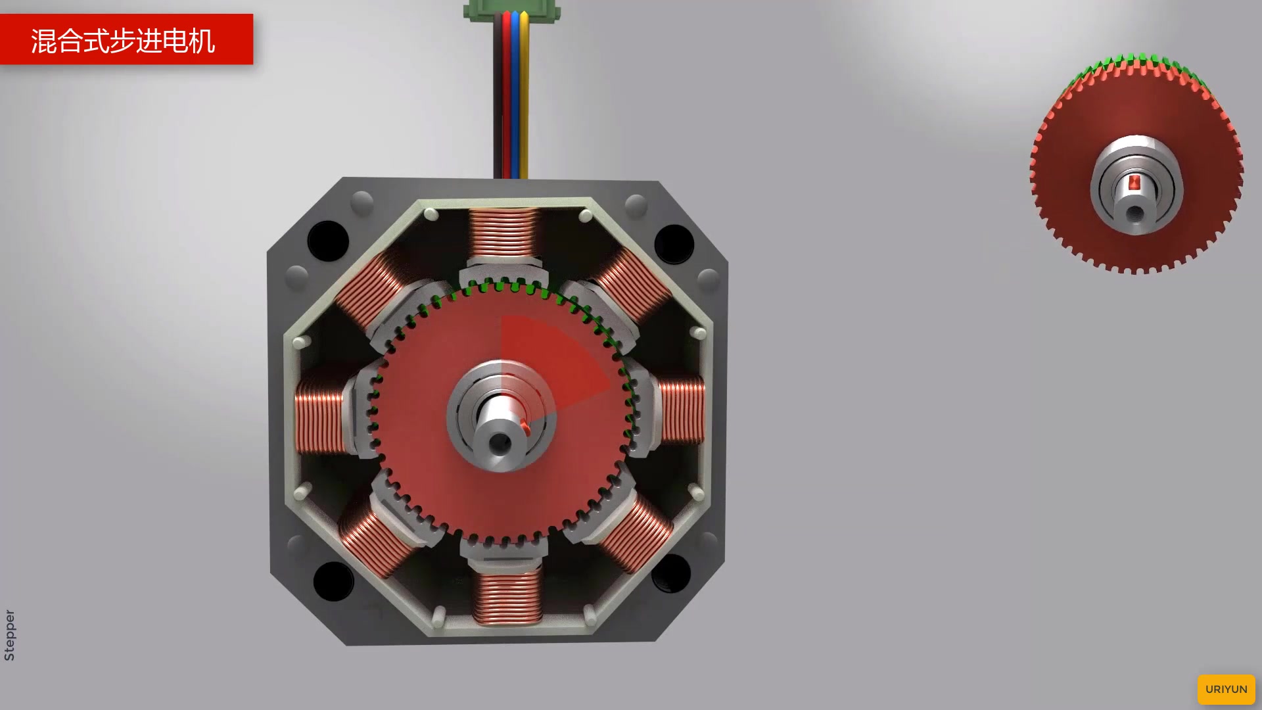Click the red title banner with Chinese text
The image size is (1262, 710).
click(x=126, y=39)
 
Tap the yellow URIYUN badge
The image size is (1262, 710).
click(x=1226, y=689)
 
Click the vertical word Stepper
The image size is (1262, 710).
click(x=9, y=635)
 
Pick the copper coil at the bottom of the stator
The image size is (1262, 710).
click(x=507, y=596)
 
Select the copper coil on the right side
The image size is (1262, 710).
click(x=682, y=410)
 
